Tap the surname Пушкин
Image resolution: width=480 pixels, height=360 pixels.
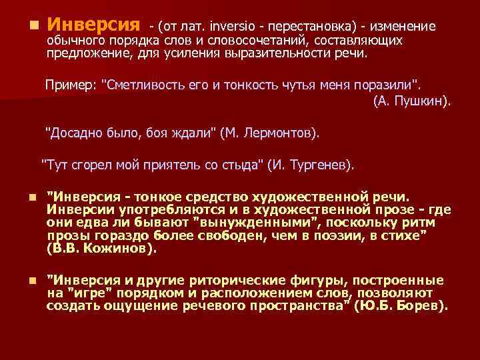click(x=422, y=101)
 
